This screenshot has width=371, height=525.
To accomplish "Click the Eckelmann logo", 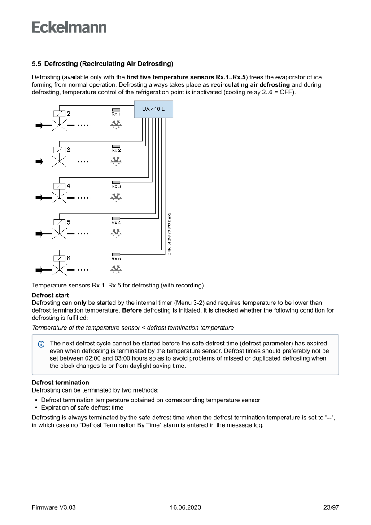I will (69, 27).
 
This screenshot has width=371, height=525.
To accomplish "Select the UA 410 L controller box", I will (153, 110).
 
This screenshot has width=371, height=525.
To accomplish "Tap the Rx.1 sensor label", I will (116, 114).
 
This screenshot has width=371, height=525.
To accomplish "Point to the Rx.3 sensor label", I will (116, 186).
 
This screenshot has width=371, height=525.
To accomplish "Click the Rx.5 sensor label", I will (116, 258).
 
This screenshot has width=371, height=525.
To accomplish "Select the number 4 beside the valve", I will (68, 186).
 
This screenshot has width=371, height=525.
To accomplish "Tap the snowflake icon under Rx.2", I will (116, 161).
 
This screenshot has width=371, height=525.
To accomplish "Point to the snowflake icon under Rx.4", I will (116, 233).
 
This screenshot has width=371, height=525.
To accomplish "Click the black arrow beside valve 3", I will (39, 161).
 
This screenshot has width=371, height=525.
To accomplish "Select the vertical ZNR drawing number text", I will (170, 234).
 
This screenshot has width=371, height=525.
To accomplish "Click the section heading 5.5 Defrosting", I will (102, 64).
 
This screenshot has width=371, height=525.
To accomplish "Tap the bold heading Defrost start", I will (50, 296).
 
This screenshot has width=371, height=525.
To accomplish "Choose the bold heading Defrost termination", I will (60, 383).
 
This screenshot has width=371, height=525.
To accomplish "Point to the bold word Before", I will (132, 310).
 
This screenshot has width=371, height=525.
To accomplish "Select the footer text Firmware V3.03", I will (54, 507).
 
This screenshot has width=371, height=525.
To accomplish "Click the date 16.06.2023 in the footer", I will (185, 507).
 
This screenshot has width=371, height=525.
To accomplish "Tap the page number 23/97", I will (331, 507).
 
